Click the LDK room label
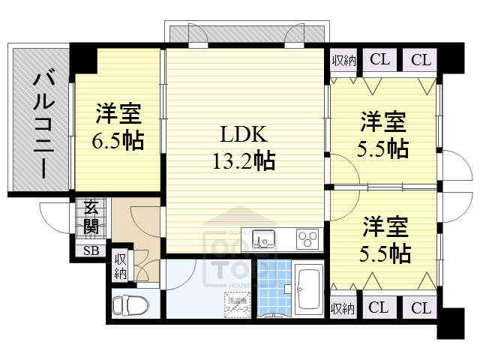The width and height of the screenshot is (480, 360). coord(243,134)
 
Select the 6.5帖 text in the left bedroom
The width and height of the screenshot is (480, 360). coord(118,140)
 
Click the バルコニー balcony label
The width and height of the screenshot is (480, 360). coord(40,124)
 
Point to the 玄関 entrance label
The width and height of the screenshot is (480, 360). coord(91,216)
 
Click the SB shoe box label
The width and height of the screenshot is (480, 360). coord(91,250)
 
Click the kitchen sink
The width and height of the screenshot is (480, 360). coord(263,238)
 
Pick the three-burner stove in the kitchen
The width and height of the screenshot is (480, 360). coord(307,238)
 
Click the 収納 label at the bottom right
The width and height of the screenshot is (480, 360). coord(342,307)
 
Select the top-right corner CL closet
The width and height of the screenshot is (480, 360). coord(421,60)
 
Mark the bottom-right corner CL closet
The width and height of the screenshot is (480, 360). coord(421,307)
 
